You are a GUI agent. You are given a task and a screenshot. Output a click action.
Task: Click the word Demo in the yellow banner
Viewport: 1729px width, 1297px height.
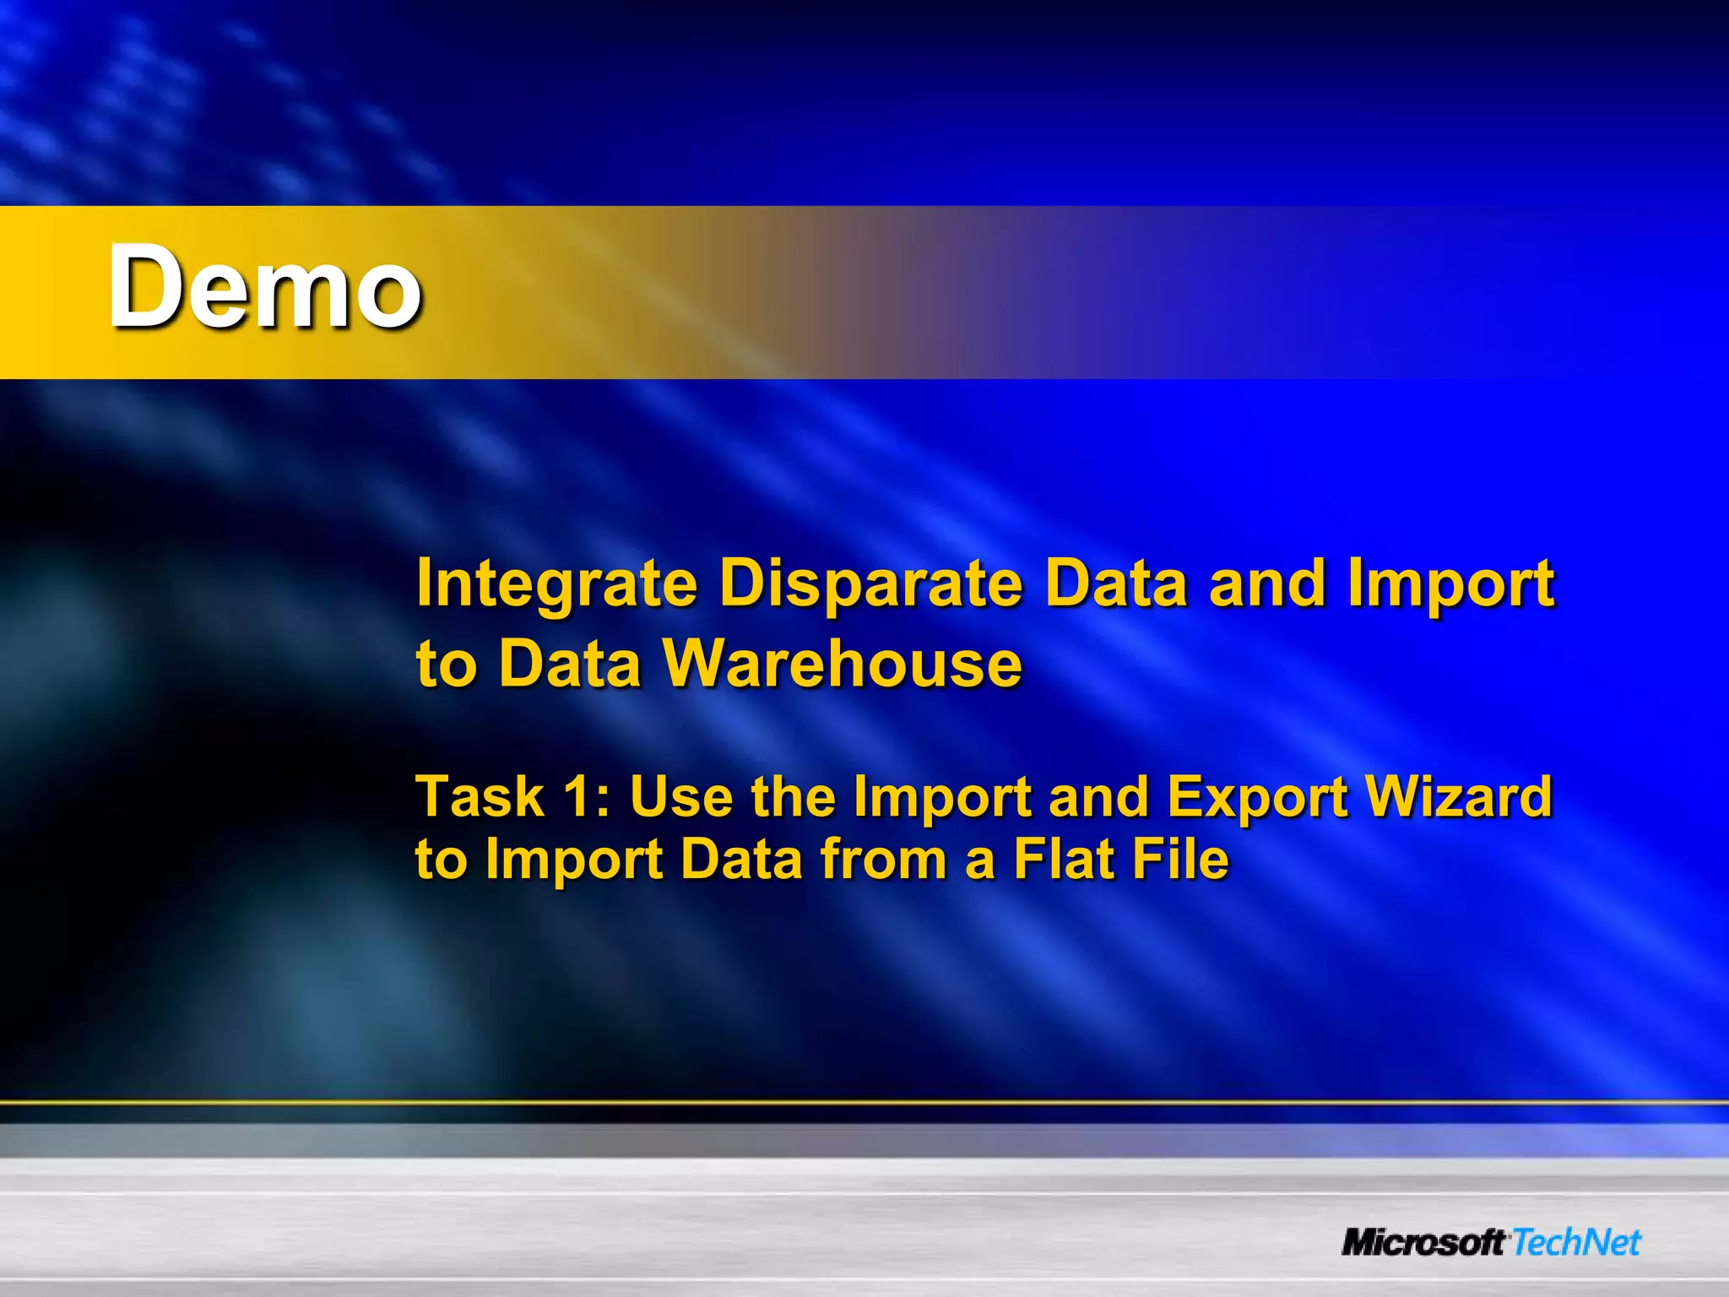(x=264, y=287)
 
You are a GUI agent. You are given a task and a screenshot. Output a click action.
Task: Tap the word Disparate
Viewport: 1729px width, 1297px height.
(x=870, y=584)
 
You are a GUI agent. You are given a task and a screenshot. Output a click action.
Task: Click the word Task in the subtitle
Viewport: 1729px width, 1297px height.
(x=480, y=796)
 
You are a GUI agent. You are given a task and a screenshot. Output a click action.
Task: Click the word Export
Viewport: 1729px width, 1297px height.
(x=1257, y=798)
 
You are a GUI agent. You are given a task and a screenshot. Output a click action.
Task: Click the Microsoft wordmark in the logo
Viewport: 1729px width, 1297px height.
(x=1423, y=1243)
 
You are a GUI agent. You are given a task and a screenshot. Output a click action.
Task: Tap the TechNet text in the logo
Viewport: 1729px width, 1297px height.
(x=1576, y=1243)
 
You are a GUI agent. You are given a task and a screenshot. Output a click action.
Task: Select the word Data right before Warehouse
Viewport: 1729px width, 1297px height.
(x=571, y=664)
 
